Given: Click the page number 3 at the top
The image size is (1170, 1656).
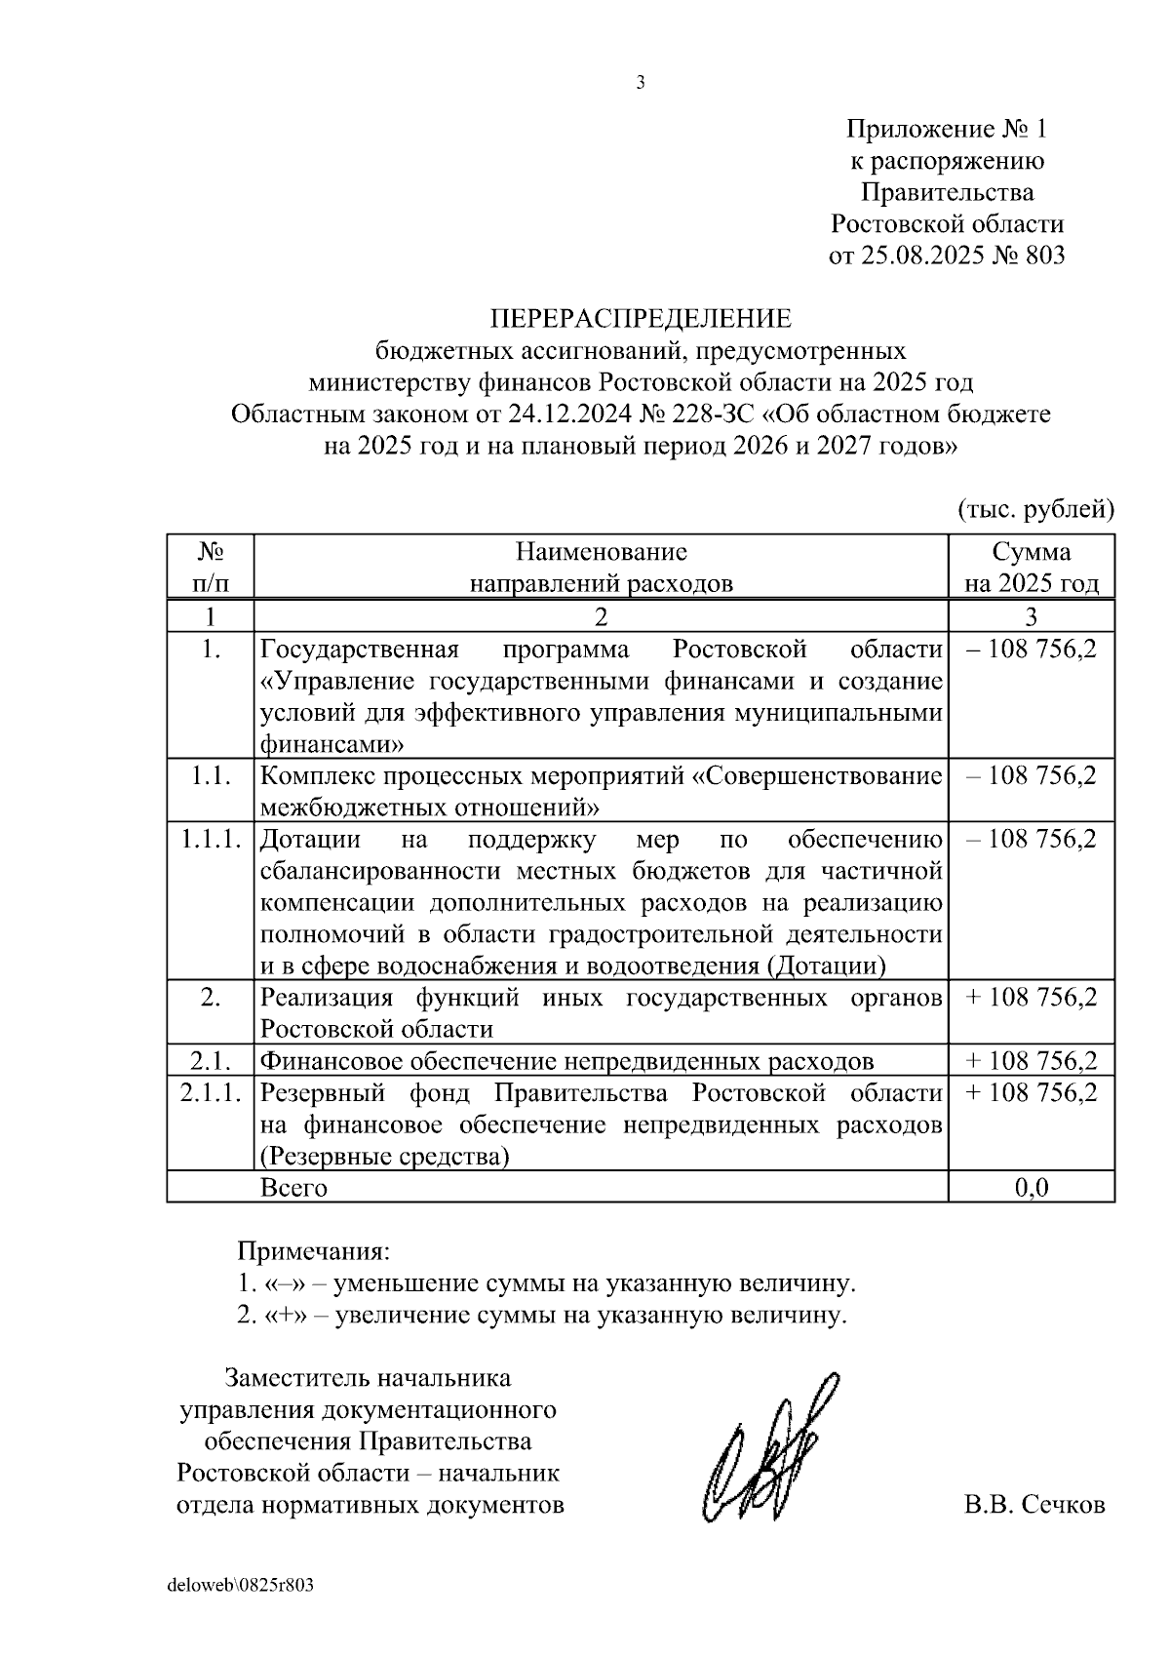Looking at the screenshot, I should pyautogui.click(x=641, y=84).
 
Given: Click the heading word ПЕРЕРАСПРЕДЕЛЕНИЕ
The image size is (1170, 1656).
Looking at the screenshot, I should pyautogui.click(x=641, y=319).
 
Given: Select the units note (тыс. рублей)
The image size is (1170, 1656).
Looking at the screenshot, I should pyautogui.click(x=1035, y=508).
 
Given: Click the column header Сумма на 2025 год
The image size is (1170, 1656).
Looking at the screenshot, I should pyautogui.click(x=1032, y=567).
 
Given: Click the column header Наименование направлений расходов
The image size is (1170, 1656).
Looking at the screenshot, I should pyautogui.click(x=601, y=567).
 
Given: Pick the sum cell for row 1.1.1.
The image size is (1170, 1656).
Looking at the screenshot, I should pyautogui.click(x=1032, y=839).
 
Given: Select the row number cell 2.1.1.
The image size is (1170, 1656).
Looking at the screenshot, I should pyautogui.click(x=211, y=1092).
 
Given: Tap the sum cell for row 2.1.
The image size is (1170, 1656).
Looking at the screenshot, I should pyautogui.click(x=1032, y=1061).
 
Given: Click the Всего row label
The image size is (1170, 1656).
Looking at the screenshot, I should pyautogui.click(x=293, y=1187).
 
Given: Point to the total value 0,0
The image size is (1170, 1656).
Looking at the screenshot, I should pyautogui.click(x=1032, y=1187).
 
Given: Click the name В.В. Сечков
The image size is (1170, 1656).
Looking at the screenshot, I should pyautogui.click(x=1034, y=1504).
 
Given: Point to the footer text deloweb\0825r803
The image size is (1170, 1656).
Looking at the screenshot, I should pyautogui.click(x=241, y=1585).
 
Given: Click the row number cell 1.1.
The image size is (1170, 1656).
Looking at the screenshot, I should pyautogui.click(x=211, y=775).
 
